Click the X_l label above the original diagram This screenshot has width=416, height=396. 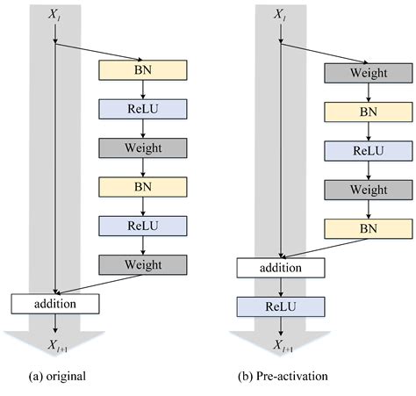56,15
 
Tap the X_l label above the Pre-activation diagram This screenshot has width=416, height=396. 280,15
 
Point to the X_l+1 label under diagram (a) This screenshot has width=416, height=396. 56,346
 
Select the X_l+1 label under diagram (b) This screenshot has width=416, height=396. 280,346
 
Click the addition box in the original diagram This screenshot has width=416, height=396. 56,304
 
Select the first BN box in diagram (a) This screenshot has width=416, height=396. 144,69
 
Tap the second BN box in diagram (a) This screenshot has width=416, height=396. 144,185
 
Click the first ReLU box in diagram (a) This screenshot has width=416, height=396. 144,108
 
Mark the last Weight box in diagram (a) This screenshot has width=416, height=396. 144,263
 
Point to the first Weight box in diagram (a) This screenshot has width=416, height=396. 144,147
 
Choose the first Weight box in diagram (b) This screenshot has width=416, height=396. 369,74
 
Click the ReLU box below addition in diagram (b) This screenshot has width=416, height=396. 281,305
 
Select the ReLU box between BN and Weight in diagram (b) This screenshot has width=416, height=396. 369,151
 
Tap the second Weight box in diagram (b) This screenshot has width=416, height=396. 369,190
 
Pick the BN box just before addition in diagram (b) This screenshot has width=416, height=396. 369,228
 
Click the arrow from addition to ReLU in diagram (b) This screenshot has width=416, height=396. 281,285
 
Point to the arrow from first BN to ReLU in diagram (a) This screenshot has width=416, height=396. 144,89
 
